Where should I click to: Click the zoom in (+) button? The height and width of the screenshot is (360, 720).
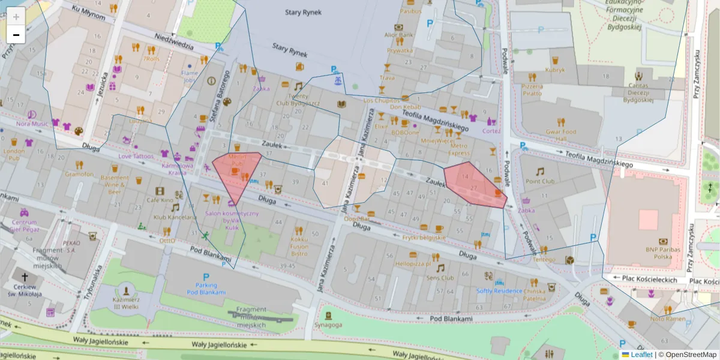tap(16, 17)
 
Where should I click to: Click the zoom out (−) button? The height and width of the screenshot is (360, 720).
tap(16, 35)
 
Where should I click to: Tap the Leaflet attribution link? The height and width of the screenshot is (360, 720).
tap(641, 355)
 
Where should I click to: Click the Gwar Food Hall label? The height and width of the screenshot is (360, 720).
tap(561, 135)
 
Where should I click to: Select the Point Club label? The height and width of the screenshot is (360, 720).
tap(540, 181)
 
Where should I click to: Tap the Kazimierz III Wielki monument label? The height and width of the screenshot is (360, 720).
tap(127, 302)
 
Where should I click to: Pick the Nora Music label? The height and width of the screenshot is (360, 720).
tap(32, 124)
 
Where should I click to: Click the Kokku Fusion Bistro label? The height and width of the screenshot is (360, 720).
tap(299, 246)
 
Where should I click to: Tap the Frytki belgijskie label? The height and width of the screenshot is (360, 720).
tap(424, 238)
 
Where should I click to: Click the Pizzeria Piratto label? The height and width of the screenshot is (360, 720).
tap(532, 90)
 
